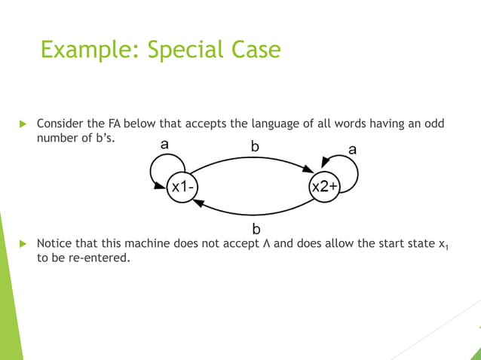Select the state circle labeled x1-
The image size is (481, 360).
click(x=182, y=187)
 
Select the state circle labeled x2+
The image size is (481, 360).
click(x=323, y=187)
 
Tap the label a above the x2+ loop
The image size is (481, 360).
click(x=352, y=150)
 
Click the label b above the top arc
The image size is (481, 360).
click(x=255, y=148)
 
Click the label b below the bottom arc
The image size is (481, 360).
click(x=256, y=227)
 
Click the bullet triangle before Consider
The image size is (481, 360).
click(x=23, y=124)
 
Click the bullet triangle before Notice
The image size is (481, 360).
click(x=23, y=244)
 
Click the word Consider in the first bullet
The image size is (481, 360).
click(x=59, y=124)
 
